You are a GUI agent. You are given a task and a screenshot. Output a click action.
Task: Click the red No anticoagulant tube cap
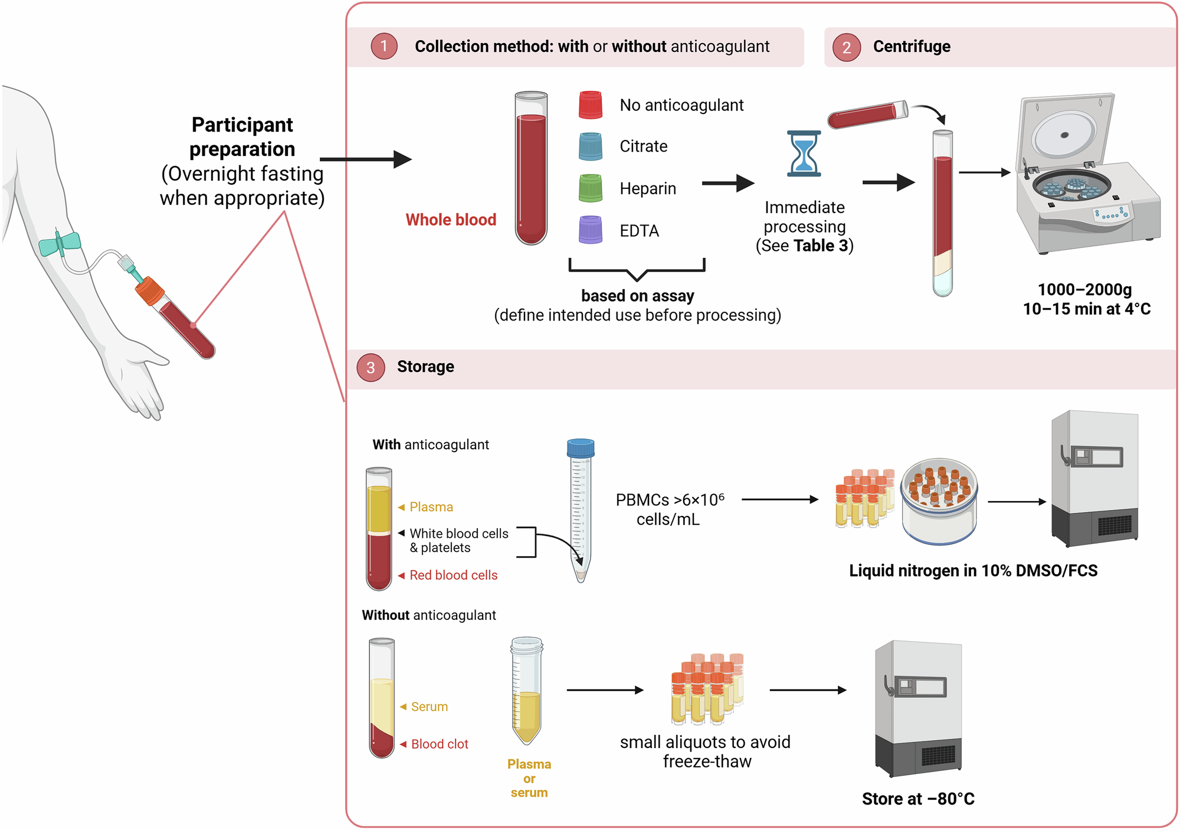pyautogui.click(x=590, y=105)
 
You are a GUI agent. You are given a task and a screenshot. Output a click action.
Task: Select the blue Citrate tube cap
pyautogui.click(x=590, y=146)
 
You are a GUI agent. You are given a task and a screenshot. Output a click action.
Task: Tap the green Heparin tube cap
pyautogui.click(x=590, y=188)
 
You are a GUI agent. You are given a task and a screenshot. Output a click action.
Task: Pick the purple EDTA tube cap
pyautogui.click(x=590, y=230)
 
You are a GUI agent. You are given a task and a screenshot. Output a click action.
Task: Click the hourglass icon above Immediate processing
pyautogui.click(x=804, y=153)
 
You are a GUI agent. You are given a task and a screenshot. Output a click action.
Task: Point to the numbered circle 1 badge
pyautogui.click(x=384, y=46)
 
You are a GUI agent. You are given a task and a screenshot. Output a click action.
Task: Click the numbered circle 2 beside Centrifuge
pyautogui.click(x=847, y=47)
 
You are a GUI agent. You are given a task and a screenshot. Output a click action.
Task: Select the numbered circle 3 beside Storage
pyautogui.click(x=371, y=367)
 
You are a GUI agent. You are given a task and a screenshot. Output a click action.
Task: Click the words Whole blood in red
pyautogui.click(x=451, y=220)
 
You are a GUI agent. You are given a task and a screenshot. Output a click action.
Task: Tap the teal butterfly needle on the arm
pyautogui.click(x=60, y=243)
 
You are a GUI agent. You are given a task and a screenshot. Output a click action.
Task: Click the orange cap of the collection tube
pyautogui.click(x=149, y=290)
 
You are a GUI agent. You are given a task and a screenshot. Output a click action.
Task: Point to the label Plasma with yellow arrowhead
pyautogui.click(x=431, y=507)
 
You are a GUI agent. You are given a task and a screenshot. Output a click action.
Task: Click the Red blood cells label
pyautogui.click(x=453, y=575)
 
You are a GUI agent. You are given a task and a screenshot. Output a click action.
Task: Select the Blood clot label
pyautogui.click(x=440, y=744)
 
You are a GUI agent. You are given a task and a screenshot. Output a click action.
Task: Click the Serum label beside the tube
pyautogui.click(x=429, y=707)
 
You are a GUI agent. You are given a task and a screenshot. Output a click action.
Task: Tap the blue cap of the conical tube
pyautogui.click(x=581, y=448)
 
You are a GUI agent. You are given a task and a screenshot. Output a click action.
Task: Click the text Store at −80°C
pyautogui.click(x=918, y=799)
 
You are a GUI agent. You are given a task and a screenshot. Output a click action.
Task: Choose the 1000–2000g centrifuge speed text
pyautogui.click(x=1084, y=290)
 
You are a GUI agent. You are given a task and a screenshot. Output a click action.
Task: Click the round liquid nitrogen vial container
pyautogui.click(x=939, y=501)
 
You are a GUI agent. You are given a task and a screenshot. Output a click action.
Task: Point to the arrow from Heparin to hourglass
pyautogui.click(x=728, y=184)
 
